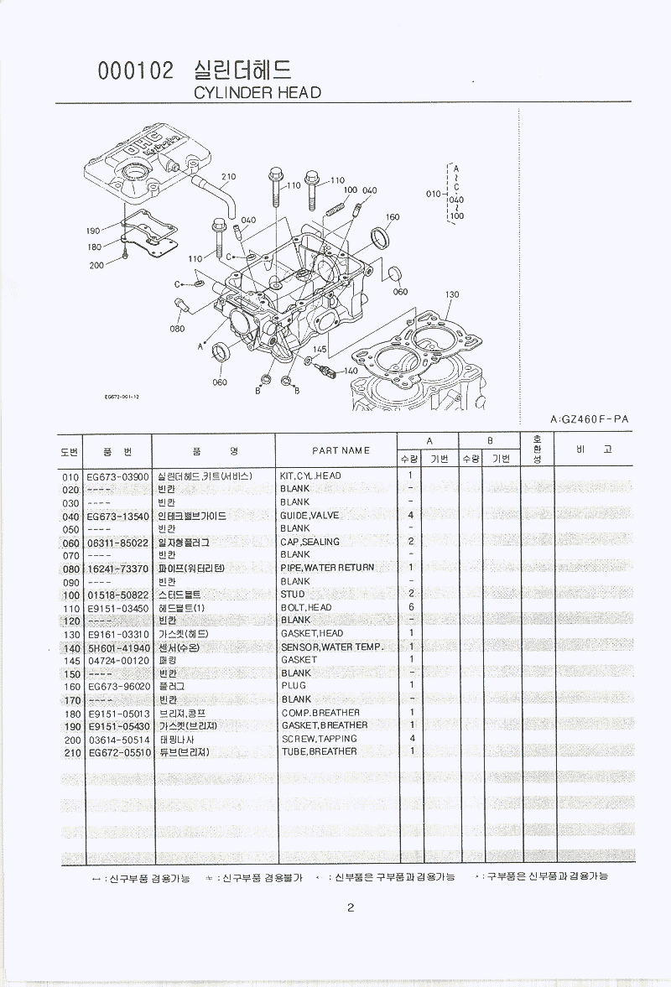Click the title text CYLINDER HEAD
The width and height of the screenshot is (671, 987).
click(x=257, y=92)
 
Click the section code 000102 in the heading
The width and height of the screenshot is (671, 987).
click(x=136, y=72)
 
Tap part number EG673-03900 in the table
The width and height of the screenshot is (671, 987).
click(x=117, y=475)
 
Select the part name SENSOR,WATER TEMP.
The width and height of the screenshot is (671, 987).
click(x=332, y=647)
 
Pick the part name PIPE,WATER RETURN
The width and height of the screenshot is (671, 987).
click(x=327, y=568)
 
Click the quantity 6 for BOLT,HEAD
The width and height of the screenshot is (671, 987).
click(x=411, y=607)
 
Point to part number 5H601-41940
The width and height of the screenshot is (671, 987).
click(x=117, y=647)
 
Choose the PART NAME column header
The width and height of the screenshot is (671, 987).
click(x=341, y=450)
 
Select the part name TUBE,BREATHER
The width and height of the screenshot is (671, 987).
click(x=319, y=751)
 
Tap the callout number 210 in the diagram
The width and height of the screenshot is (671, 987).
click(x=228, y=177)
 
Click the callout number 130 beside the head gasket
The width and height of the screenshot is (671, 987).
click(x=452, y=294)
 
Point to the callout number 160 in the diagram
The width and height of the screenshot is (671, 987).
click(x=392, y=218)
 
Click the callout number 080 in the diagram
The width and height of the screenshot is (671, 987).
click(x=176, y=329)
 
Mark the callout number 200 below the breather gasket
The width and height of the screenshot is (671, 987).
click(x=96, y=265)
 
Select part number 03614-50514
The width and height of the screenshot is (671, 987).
click(x=117, y=739)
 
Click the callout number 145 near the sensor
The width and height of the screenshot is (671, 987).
click(x=320, y=348)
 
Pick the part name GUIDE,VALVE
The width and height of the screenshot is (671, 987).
click(x=310, y=516)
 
